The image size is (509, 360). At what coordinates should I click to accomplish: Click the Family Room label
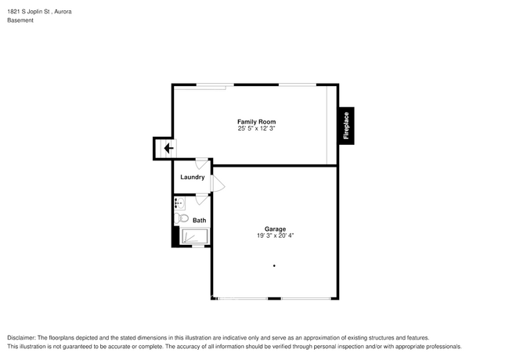[256, 121]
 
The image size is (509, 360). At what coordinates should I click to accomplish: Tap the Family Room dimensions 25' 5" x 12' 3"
[256, 128]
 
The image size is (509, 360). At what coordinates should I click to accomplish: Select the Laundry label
[193, 178]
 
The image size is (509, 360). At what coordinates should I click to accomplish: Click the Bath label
[200, 220]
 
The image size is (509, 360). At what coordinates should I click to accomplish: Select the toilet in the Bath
[181, 218]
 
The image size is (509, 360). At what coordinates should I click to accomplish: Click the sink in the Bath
[179, 203]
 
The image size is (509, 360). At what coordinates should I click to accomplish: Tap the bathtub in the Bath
[195, 236]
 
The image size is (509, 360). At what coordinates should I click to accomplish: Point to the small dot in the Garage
[274, 266]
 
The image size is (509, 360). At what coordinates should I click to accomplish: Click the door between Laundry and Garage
[217, 185]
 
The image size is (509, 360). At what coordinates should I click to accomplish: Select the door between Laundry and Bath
[201, 196]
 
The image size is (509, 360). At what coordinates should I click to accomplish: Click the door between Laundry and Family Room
[201, 163]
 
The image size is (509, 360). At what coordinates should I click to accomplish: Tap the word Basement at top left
[20, 20]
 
